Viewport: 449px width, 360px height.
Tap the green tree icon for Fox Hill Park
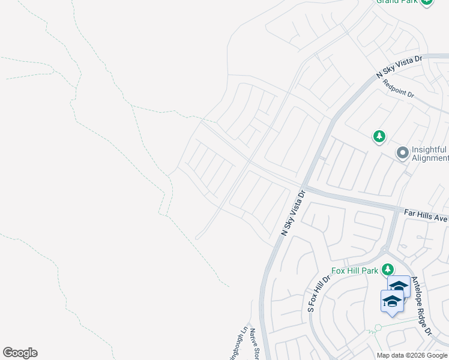click(x=388, y=269)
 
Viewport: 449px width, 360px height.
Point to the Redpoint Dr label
click(x=399, y=90)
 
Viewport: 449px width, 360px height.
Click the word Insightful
click(x=429, y=149)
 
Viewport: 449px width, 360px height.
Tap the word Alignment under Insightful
click(x=430, y=158)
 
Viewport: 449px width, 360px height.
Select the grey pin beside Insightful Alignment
click(x=402, y=154)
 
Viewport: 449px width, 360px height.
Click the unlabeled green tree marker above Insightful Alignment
click(x=379, y=137)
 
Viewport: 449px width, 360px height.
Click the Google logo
click(x=20, y=353)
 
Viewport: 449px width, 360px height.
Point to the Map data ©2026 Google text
click(x=412, y=355)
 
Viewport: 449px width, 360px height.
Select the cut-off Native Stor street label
click(x=254, y=344)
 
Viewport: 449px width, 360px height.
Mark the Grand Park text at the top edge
click(x=396, y=2)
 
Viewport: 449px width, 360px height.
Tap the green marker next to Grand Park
click(x=426, y=2)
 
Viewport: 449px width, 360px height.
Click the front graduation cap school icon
click(x=391, y=301)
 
